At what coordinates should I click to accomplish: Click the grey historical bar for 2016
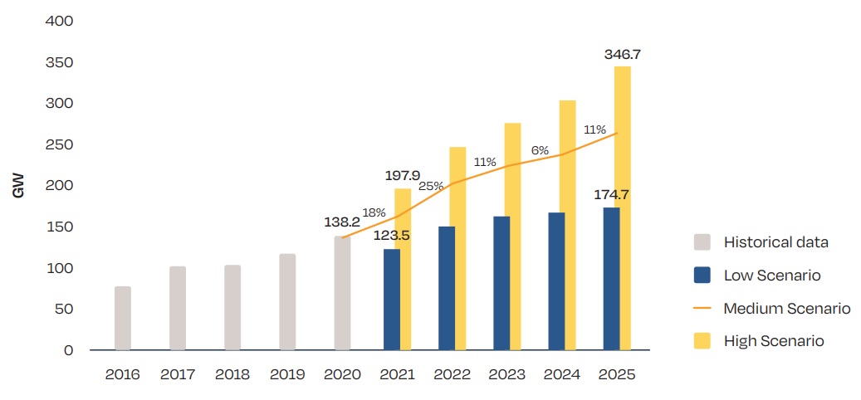tap(123, 319)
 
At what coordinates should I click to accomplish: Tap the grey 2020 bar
tap(342, 293)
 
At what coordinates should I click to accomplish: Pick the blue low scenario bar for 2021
tap(392, 300)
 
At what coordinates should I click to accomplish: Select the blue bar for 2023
tap(501, 283)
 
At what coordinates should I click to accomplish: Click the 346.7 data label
tap(622, 55)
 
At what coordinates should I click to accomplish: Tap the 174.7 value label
tap(611, 196)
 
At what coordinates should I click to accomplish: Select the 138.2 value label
tap(342, 223)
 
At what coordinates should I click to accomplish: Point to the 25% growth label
tap(431, 186)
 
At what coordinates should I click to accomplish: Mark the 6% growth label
tap(540, 150)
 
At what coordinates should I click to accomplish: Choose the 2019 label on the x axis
tap(286, 374)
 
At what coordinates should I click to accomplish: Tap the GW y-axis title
tap(18, 184)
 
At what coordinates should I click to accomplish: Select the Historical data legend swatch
tap(702, 242)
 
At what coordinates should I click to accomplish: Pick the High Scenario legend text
tap(773, 341)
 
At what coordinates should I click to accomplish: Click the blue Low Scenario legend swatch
tap(702, 276)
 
